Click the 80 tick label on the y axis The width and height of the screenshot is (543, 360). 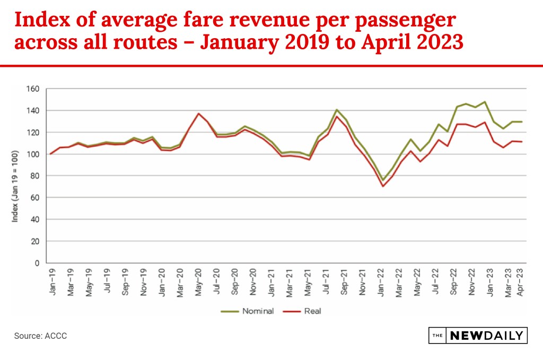[35, 175]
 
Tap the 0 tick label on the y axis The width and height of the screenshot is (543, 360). [37, 263]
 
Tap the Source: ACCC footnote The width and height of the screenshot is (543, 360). [41, 336]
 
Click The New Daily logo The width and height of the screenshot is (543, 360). [477, 336]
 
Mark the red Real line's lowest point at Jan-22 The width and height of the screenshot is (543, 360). [382, 186]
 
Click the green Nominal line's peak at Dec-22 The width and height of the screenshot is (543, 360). [485, 102]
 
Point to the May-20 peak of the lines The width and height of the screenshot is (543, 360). [198, 113]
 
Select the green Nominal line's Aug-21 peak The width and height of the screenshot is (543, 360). [336, 110]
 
